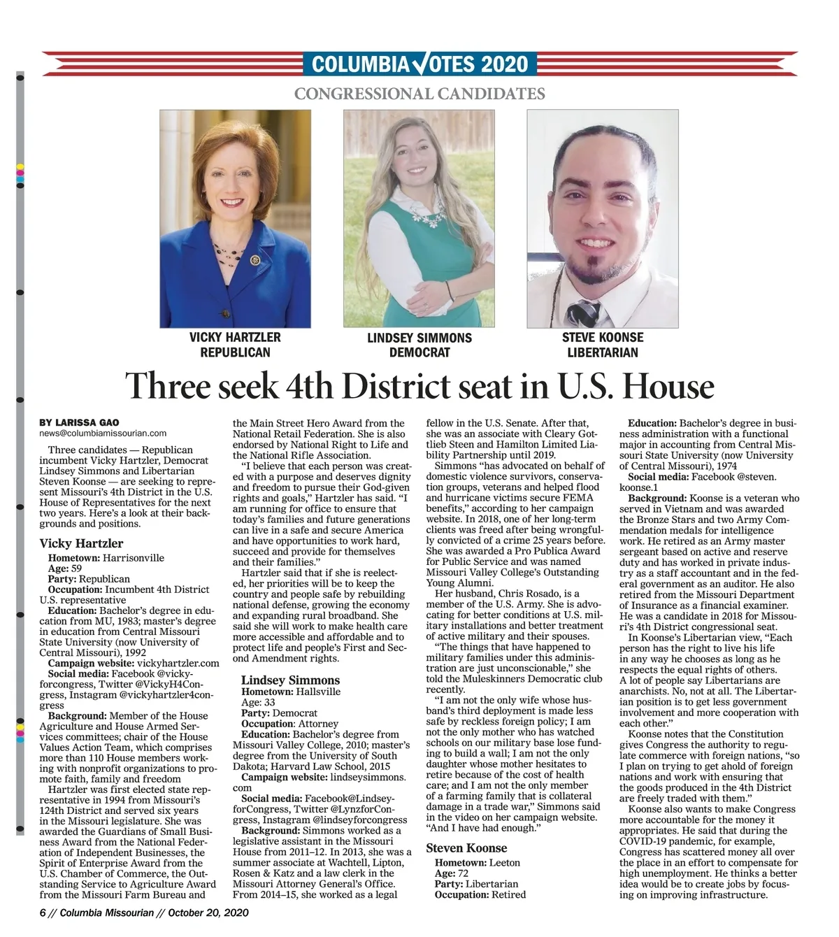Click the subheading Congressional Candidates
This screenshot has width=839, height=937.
(x=419, y=93)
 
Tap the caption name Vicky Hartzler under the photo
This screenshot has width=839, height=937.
(x=235, y=337)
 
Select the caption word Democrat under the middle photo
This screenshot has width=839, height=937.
(x=419, y=352)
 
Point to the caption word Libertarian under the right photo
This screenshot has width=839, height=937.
(x=602, y=352)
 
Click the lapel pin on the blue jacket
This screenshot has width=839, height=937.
(x=255, y=260)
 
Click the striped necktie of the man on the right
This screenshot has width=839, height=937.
(x=583, y=314)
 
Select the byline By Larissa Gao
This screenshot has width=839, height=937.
(x=79, y=422)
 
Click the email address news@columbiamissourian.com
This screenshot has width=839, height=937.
(x=103, y=434)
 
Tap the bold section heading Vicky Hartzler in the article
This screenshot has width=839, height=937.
(x=81, y=543)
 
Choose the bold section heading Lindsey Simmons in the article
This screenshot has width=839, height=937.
(x=290, y=680)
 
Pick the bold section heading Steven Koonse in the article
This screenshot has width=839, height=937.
(x=466, y=848)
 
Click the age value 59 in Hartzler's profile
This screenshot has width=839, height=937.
(x=76, y=568)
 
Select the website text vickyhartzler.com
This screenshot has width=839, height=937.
(x=178, y=663)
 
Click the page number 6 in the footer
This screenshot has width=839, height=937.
(x=43, y=913)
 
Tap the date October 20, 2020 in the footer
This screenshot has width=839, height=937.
(x=208, y=913)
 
